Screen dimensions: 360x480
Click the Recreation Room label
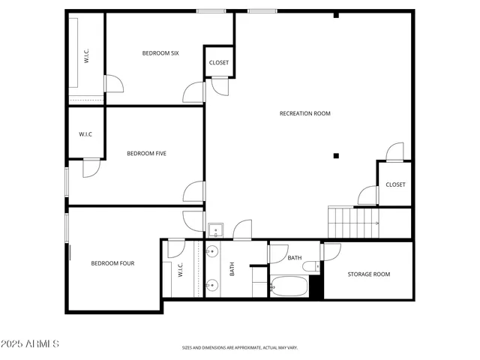(304, 114)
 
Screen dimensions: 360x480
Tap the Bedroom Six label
(160, 53)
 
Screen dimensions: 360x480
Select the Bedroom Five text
(146, 154)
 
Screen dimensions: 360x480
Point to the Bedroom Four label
(112, 263)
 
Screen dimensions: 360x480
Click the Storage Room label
(368, 274)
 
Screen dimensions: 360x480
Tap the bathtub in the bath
(289, 286)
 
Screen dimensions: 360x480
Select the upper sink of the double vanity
(212, 251)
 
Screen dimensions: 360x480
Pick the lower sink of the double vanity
(212, 285)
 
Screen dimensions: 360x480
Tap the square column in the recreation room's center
(336, 156)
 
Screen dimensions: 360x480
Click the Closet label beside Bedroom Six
(219, 63)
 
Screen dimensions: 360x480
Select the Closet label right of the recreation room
(395, 184)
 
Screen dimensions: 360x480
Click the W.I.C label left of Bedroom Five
(85, 134)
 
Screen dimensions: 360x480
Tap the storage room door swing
(331, 250)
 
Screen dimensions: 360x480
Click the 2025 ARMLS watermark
(31, 343)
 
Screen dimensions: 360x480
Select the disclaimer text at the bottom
(239, 348)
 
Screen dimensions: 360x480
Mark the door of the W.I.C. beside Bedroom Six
(113, 83)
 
